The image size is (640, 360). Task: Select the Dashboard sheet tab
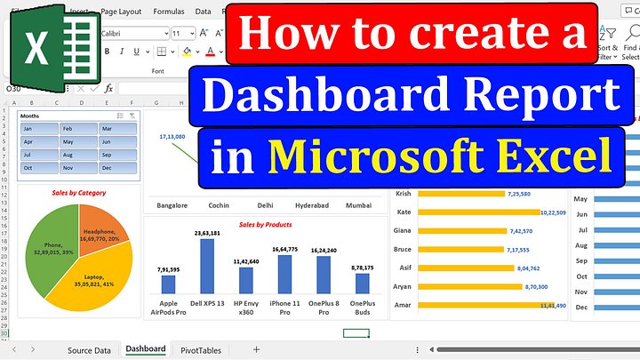146,349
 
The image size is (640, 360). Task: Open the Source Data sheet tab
89,350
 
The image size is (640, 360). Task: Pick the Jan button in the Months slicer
38,129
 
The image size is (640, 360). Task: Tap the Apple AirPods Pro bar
168,284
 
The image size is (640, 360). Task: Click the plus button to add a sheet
256,349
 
